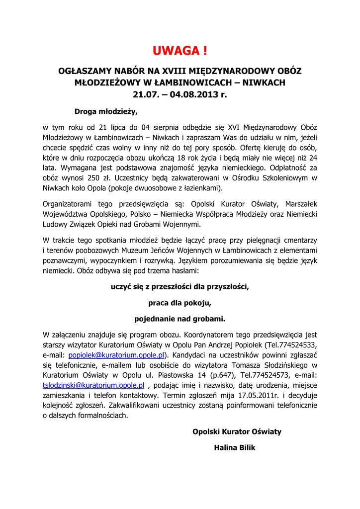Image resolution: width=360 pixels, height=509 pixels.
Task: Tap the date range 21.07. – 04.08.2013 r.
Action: click(180, 94)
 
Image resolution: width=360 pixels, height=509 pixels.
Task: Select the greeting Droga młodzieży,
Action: click(105, 111)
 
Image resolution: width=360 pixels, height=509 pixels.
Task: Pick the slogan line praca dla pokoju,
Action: click(180, 302)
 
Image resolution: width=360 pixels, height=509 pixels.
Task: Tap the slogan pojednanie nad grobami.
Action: click(180, 318)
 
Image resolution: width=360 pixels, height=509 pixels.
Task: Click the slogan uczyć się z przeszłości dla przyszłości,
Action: click(180, 286)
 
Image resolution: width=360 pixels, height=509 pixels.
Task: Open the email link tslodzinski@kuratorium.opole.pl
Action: click(94, 385)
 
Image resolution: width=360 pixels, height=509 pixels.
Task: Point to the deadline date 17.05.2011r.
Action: click(266, 395)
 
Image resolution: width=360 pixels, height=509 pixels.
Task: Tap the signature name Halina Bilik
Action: click(234, 448)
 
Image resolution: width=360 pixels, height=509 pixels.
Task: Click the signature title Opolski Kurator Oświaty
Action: click(237, 431)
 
